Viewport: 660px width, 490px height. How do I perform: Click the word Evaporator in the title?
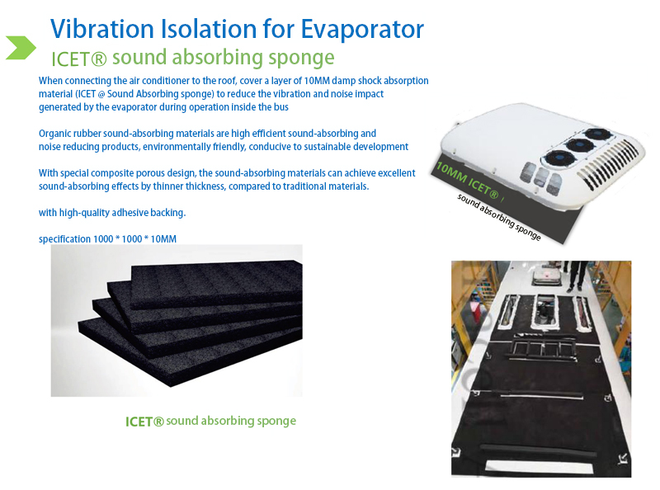[x=362, y=30]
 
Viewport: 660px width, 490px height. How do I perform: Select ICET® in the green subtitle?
[x=78, y=59]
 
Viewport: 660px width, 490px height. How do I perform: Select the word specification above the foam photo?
[x=65, y=239]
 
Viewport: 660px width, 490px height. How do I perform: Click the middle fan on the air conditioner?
[x=579, y=145]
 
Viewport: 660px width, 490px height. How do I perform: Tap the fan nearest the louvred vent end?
[x=596, y=134]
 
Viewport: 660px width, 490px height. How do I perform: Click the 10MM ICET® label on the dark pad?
[x=467, y=180]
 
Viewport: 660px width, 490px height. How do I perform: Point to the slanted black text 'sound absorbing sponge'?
[x=499, y=217]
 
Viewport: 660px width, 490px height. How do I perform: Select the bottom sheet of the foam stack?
[x=190, y=351]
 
